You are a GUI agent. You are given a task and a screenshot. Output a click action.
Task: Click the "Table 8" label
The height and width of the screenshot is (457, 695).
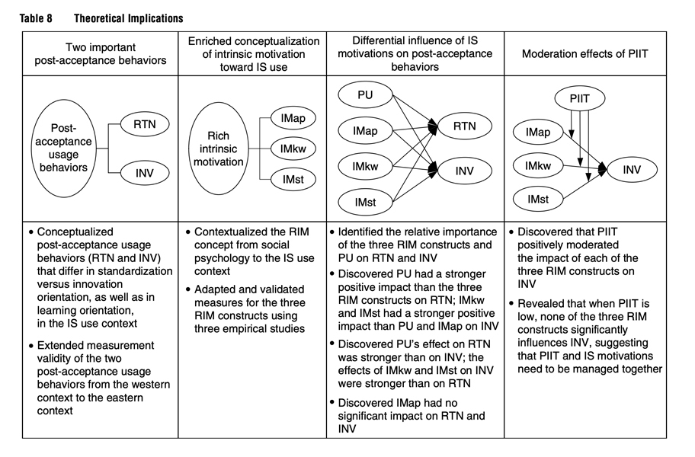coord(36,18)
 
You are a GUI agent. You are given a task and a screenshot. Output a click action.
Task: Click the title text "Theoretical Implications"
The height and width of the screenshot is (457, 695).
coord(129,18)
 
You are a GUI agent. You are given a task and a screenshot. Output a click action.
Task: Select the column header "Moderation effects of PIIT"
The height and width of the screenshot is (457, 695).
coord(585,54)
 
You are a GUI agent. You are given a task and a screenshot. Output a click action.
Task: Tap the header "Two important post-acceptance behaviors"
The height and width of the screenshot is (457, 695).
coord(101,53)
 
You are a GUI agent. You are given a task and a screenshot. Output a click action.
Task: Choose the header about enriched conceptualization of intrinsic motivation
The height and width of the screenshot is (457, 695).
coord(254,54)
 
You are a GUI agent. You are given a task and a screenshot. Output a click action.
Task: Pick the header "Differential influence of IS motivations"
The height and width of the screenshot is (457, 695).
coord(415,53)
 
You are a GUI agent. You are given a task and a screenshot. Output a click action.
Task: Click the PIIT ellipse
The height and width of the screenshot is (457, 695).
coord(579,98)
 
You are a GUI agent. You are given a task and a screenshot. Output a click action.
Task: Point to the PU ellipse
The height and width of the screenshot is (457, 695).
coord(365,94)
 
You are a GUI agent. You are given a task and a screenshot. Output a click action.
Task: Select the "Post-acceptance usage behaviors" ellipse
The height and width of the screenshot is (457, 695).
coord(64,148)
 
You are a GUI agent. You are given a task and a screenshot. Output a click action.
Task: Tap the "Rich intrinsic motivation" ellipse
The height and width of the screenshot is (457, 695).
coord(219,149)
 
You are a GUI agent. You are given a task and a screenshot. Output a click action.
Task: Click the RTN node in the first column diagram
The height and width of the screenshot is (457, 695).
coord(145,124)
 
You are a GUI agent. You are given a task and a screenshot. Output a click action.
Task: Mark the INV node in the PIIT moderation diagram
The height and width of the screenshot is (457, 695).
coord(632,170)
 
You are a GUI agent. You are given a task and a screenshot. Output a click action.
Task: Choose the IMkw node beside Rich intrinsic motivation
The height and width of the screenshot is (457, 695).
coord(293,149)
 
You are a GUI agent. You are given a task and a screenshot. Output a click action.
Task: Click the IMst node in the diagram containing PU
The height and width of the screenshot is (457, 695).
coord(365,203)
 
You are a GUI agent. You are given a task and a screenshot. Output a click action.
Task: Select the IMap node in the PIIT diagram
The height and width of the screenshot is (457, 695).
coord(538,132)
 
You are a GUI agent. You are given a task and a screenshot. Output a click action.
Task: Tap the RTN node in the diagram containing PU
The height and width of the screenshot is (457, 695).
coord(465,126)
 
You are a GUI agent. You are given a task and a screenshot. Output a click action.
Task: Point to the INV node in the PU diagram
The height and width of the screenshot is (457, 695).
coord(465,171)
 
